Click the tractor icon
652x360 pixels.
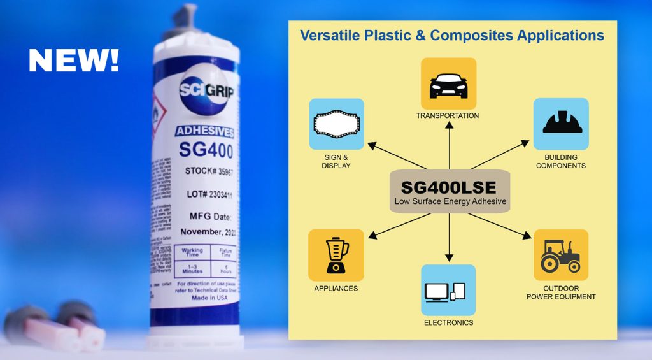pyautogui.click(x=560, y=255)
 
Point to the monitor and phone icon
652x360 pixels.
pyautogui.click(x=448, y=291)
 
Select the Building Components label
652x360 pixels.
pyautogui.click(x=560, y=161)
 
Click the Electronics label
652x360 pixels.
pyautogui.click(x=448, y=323)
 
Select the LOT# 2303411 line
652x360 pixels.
pyautogui.click(x=208, y=194)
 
